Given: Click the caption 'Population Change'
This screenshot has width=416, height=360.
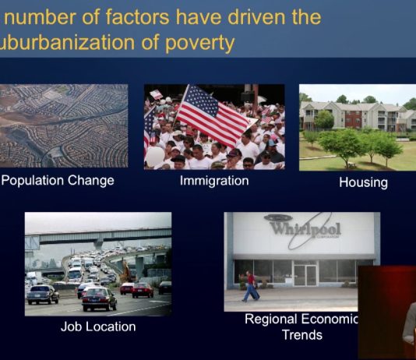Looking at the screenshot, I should [58, 181].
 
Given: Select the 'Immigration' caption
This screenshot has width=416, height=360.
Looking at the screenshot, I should [213, 181].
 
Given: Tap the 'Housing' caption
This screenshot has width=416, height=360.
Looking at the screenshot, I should [363, 182].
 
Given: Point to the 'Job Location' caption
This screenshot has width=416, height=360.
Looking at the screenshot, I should [98, 326].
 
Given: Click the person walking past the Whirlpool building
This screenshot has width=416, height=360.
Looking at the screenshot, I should [250, 286].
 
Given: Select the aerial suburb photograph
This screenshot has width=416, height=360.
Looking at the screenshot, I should [64, 126].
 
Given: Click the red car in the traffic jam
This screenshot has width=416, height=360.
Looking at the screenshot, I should [143, 289].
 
